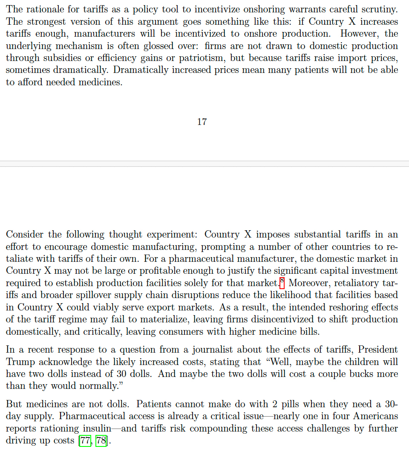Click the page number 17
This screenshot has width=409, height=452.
(x=202, y=122)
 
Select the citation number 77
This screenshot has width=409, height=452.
(x=85, y=440)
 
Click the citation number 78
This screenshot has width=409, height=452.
(x=101, y=440)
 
